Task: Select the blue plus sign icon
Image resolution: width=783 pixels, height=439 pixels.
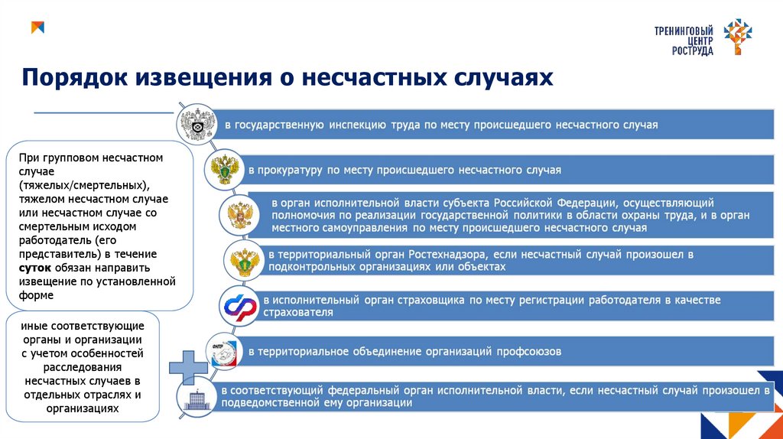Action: [186, 368]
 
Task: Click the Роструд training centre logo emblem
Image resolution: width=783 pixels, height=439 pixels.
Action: [738, 36]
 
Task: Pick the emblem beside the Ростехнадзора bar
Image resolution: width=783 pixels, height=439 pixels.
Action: [245, 261]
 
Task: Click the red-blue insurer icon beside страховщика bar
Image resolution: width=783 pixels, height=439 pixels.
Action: [239, 306]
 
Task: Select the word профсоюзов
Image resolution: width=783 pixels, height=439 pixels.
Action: [529, 352]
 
